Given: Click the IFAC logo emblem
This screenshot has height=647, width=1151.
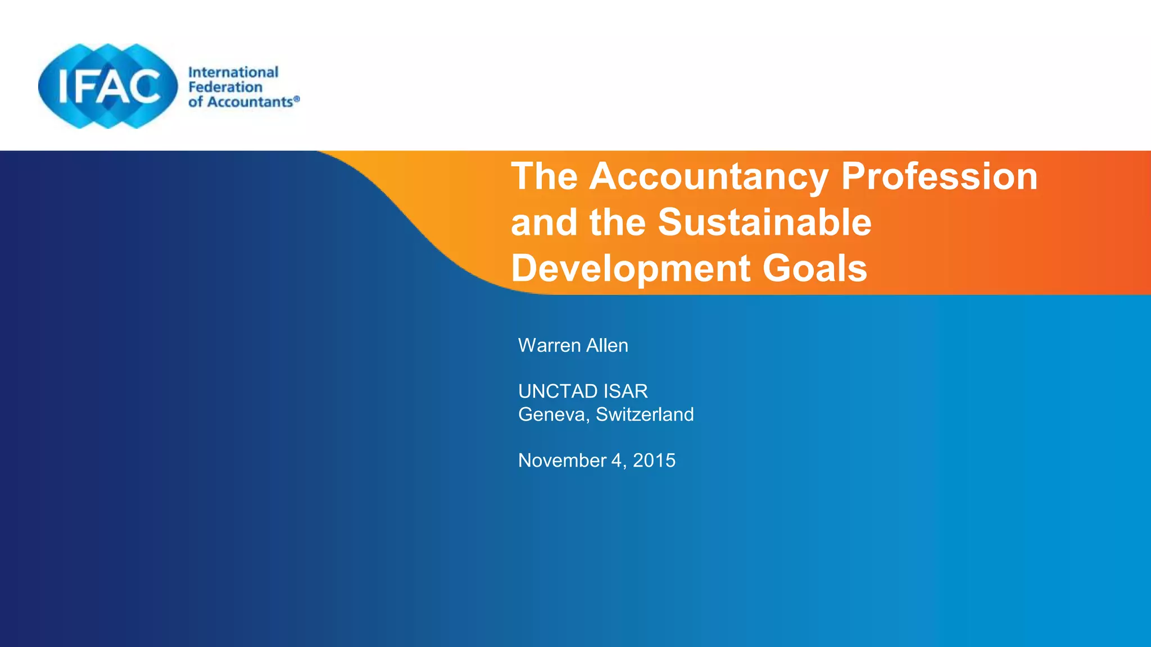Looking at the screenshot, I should click(108, 86).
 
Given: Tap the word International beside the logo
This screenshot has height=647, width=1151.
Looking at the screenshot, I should click(233, 72).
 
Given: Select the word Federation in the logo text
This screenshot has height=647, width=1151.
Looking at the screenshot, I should click(225, 87).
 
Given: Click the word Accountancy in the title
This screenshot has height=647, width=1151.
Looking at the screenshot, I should click(709, 177).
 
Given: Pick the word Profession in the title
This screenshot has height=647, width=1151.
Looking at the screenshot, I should click(939, 177).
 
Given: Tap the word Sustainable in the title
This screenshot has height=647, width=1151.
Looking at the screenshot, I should click(764, 222).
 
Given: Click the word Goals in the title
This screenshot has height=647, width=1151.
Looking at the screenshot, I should click(815, 268).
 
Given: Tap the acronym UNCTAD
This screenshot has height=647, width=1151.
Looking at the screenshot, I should click(558, 391).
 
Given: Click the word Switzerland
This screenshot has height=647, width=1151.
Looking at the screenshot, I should click(645, 414).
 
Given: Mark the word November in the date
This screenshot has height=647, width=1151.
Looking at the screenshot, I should click(562, 461).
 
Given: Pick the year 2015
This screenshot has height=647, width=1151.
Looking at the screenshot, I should click(654, 461).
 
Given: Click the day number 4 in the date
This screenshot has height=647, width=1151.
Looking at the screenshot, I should click(617, 461).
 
